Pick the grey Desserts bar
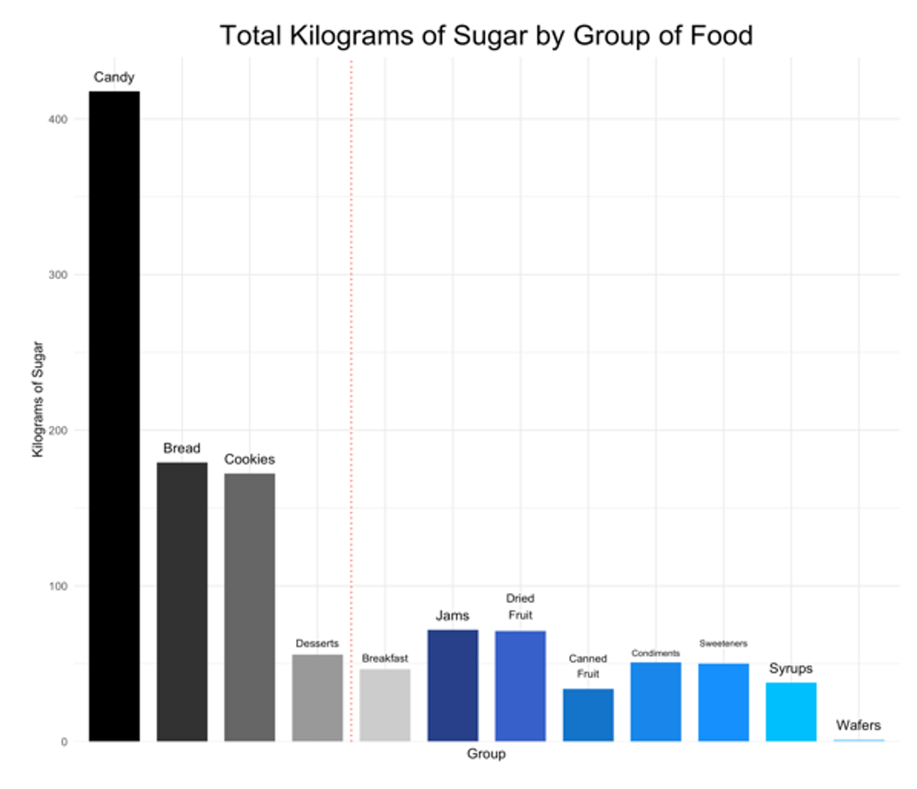coord(317,698)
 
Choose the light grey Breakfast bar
coord(385,705)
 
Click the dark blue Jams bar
coord(453,685)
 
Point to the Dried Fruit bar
coord(520,686)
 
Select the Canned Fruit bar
coord(588,715)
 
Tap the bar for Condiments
coord(656,702)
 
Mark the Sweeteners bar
coord(723,702)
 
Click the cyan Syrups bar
coord(791,712)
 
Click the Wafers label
coord(858,725)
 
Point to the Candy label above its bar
coord(114,77)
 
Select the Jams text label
coord(453,615)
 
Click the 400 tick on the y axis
coord(58,119)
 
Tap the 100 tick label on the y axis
coord(58,586)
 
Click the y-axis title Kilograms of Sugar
coord(38,399)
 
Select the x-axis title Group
coord(486,754)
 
